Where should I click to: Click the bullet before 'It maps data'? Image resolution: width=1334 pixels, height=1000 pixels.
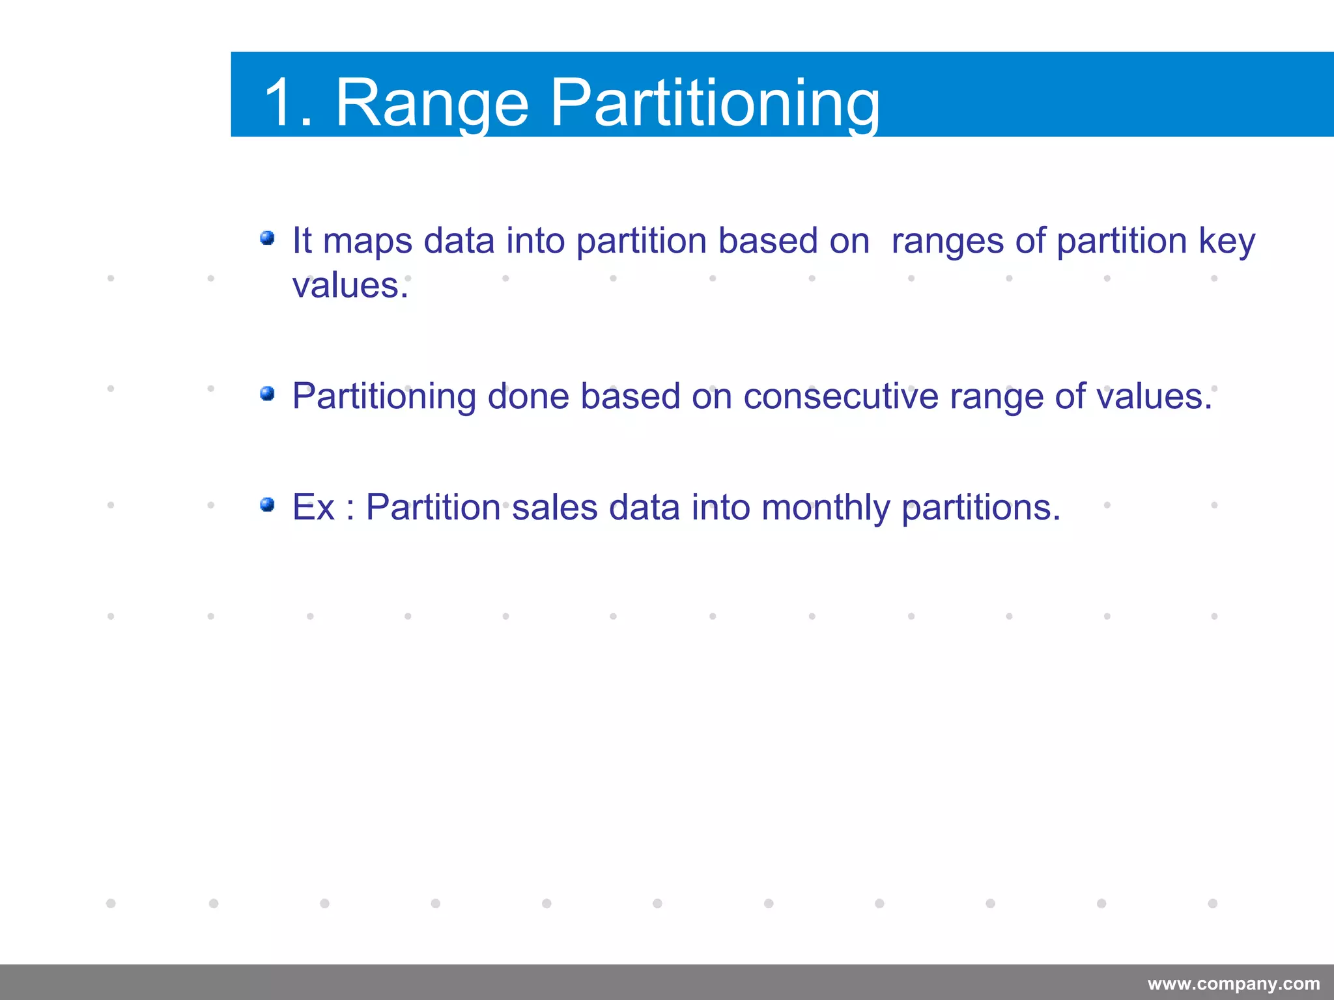[267, 238]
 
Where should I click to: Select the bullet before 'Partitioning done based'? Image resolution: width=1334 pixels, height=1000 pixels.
[267, 394]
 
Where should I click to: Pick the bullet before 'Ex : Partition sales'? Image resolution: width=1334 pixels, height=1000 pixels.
[267, 505]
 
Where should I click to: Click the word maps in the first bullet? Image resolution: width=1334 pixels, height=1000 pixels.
[367, 242]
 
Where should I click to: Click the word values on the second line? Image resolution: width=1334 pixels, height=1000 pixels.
[349, 285]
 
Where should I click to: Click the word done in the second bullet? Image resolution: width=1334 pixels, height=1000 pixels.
[528, 396]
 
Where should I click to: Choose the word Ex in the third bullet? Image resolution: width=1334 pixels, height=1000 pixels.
[313, 507]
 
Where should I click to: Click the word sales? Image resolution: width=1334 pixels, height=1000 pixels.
[554, 507]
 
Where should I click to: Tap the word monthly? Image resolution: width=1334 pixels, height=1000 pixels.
[825, 507]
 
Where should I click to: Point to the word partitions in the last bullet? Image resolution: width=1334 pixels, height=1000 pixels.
[980, 507]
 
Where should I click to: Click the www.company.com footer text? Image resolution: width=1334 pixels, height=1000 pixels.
[1234, 984]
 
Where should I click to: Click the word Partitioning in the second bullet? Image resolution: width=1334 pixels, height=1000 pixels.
[384, 396]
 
